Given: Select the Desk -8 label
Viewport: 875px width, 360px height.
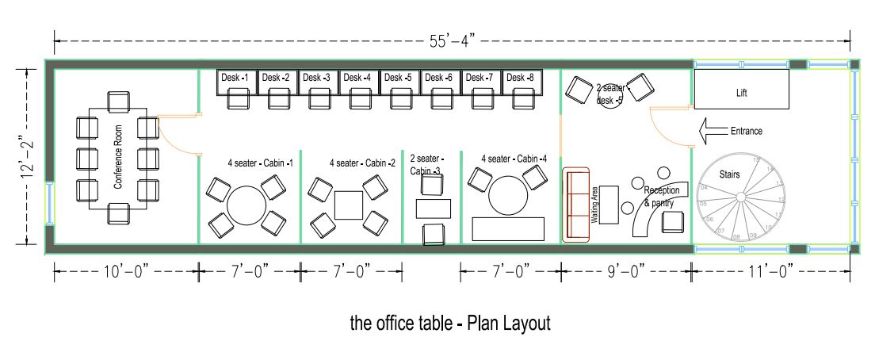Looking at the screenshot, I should click(521, 78).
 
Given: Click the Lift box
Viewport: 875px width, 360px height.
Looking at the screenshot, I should click(741, 90).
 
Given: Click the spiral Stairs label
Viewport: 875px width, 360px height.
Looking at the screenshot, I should click(730, 173).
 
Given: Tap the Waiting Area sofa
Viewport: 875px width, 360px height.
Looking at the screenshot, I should click(576, 205).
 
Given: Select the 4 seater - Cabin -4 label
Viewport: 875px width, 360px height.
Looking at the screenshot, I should click(514, 159).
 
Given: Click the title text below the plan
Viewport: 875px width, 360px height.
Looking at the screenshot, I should click(449, 324).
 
